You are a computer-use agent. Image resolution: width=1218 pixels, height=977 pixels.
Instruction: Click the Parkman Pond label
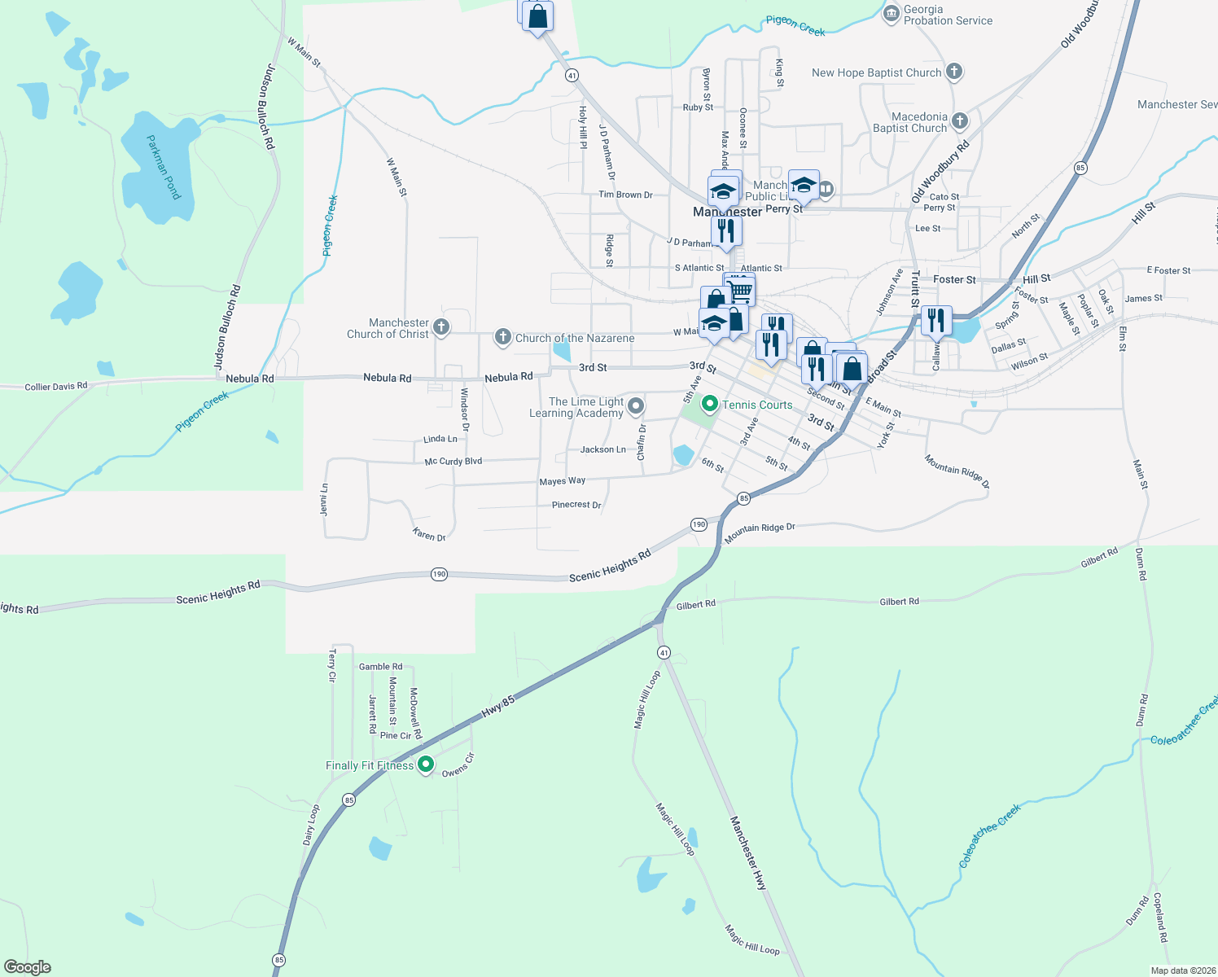tap(163, 167)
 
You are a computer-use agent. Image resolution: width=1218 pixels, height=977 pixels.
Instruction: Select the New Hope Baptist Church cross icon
tap(954, 72)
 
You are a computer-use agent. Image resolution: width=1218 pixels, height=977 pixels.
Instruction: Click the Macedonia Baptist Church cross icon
tap(960, 122)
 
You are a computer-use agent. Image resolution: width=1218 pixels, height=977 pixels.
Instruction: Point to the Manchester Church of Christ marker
tap(441, 328)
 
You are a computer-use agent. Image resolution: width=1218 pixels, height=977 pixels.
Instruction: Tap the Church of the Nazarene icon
tap(503, 337)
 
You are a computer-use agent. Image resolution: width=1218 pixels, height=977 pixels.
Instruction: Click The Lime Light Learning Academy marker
tap(636, 406)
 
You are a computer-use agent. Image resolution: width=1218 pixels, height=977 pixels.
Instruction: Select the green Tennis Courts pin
tap(709, 404)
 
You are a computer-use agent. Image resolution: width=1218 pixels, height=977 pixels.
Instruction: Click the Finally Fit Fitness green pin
tap(425, 765)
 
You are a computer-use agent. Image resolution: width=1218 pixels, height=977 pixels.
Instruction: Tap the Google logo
tap(28, 967)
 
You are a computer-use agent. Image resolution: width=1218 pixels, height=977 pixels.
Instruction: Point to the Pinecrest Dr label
tap(576, 505)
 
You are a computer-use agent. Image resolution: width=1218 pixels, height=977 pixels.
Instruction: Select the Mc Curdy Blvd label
tap(453, 462)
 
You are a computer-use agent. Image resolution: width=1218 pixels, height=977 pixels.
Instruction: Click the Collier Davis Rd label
tap(56, 386)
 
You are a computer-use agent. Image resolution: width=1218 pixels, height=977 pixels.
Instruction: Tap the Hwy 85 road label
tap(497, 706)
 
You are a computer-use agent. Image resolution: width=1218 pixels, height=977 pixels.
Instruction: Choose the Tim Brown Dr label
tap(625, 195)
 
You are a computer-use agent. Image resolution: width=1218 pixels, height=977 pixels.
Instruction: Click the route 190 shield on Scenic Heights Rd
tap(439, 575)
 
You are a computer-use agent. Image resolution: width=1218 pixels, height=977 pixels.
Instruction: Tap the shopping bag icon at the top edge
tap(537, 16)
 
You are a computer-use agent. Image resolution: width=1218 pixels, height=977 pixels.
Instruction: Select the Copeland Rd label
tap(1160, 917)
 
